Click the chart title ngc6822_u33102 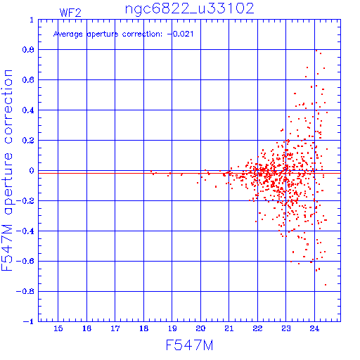pos(189,9)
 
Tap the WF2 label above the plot pos(70,13)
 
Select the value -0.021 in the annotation pos(181,34)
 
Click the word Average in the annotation pos(68,34)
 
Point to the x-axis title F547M pos(189,345)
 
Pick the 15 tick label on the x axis pos(58,328)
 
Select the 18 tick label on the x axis pos(143,328)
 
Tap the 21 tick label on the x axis pos(229,328)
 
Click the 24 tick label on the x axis pos(314,328)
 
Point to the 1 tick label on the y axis pos(32,20)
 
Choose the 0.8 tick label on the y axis pos(28,50)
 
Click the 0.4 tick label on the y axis pos(28,110)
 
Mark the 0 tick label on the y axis pos(32,171)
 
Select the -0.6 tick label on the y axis pos(25,261)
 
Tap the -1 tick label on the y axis pos(29,321)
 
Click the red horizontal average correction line pos(189,173)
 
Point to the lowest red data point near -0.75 pos(326,285)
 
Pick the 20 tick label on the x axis pos(200,328)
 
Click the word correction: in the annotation pos(142,34)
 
